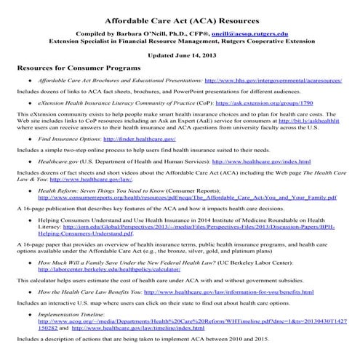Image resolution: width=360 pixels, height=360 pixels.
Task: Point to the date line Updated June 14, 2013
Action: tap(180, 55)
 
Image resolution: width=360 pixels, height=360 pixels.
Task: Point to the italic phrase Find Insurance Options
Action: tap(69, 138)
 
